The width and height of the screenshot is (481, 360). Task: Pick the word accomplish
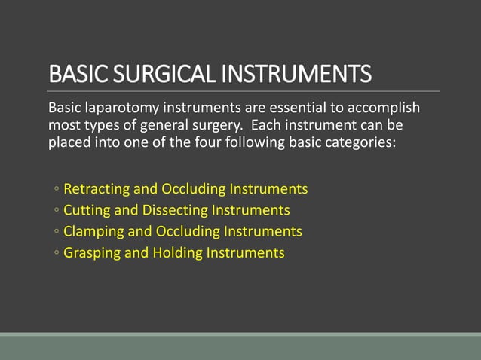(380, 107)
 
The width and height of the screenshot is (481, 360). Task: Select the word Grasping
(93, 253)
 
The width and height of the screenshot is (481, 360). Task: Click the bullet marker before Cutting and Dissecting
(57, 211)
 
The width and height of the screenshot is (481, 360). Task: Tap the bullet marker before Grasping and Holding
(57, 254)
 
